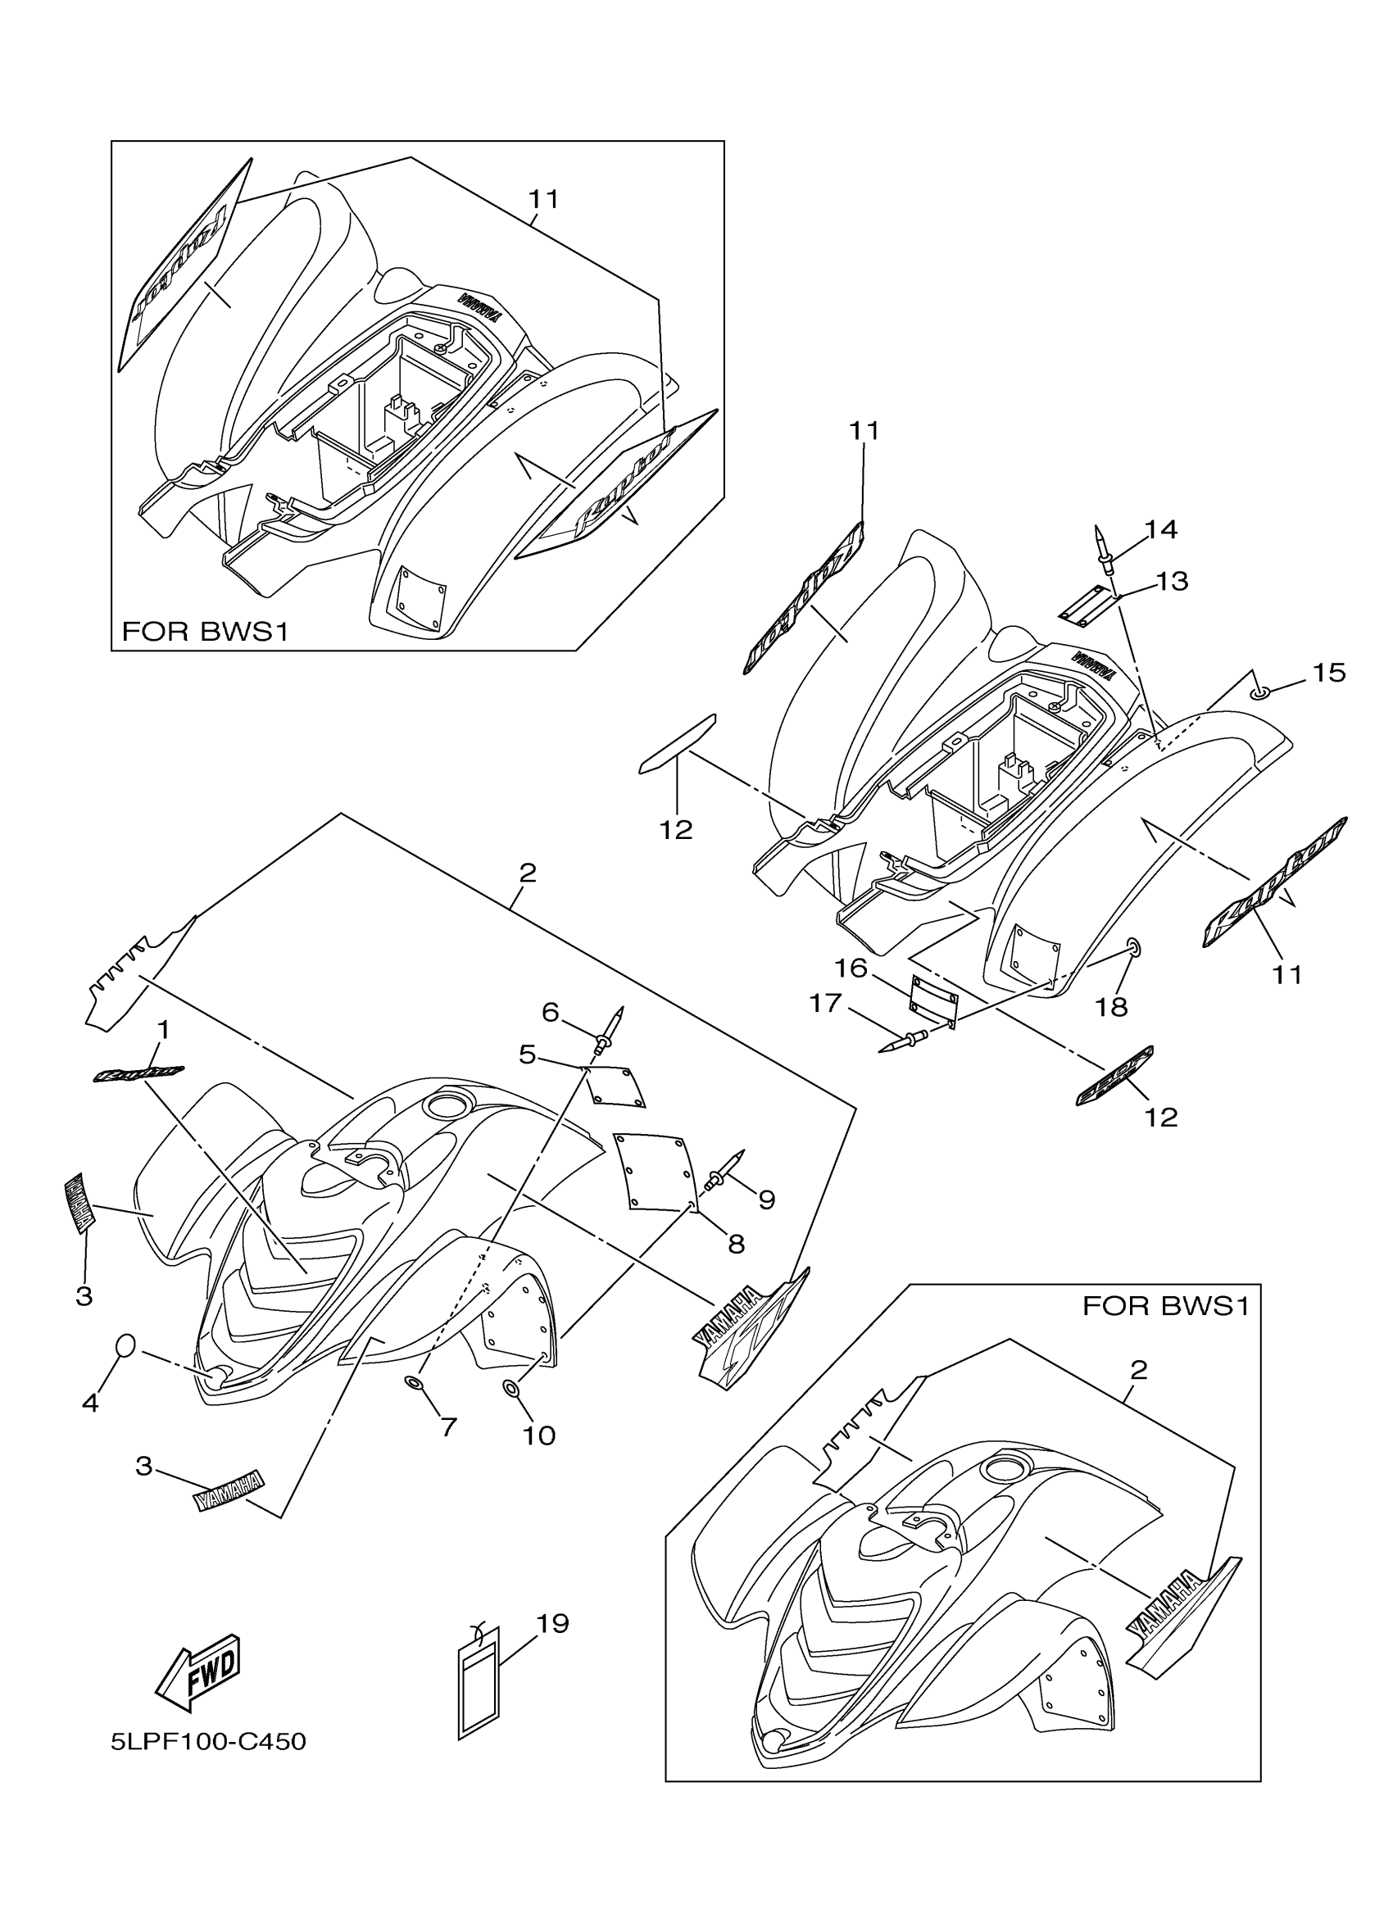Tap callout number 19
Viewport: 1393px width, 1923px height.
pos(553,1623)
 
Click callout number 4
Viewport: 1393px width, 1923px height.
pos(91,1404)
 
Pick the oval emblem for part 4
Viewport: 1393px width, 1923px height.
pos(125,1345)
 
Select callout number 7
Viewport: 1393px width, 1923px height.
pos(448,1427)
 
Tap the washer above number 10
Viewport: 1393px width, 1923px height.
pos(512,1388)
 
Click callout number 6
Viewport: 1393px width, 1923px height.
pos(551,1012)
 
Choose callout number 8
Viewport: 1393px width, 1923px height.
pos(736,1244)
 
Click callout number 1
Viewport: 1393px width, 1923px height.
pos(163,1029)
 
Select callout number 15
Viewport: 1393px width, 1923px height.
pos(1328,673)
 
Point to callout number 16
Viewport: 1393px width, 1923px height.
pos(851,968)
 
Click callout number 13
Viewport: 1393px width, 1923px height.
pos(1172,581)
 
